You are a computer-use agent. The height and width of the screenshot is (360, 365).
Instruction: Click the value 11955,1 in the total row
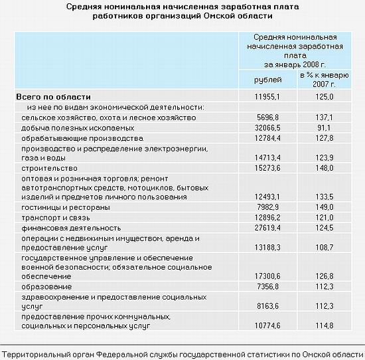[269, 97]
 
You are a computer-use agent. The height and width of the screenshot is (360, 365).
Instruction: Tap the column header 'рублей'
[268, 80]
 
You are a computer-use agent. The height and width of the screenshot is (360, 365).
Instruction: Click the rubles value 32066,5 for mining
[269, 127]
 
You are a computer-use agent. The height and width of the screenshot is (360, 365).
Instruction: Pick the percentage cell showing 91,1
[324, 127]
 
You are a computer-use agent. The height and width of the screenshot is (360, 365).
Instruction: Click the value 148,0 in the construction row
[324, 169]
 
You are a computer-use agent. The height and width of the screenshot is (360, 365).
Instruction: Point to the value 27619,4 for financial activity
[269, 228]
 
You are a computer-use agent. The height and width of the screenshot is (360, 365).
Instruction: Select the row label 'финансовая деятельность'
[61, 228]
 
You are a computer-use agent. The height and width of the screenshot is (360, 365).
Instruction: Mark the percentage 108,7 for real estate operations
[324, 247]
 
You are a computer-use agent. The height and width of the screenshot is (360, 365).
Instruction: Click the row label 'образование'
[42, 286]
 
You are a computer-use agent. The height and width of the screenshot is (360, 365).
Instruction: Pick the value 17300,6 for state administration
[269, 276]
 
